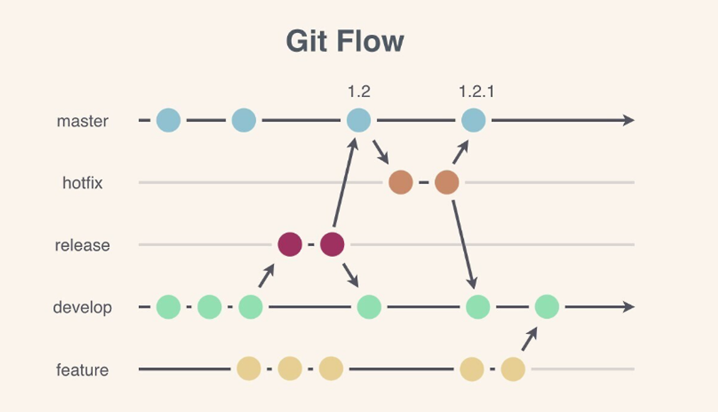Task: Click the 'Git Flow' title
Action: (x=345, y=41)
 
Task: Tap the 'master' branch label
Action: (x=82, y=121)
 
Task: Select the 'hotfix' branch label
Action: (x=82, y=183)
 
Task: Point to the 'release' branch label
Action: (x=82, y=245)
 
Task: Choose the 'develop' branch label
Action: (x=82, y=307)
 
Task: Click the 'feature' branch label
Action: (x=82, y=370)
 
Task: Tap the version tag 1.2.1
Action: (x=476, y=91)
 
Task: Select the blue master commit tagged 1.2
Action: (x=358, y=121)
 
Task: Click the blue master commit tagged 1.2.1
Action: (x=473, y=121)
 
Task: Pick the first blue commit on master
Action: (x=168, y=121)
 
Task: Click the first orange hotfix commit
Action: (x=401, y=183)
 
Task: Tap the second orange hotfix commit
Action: (x=447, y=183)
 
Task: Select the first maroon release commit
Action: (x=290, y=244)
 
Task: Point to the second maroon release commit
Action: (x=332, y=244)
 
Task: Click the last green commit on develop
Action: (x=547, y=307)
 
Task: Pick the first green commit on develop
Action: (x=168, y=307)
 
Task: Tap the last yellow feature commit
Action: (x=513, y=369)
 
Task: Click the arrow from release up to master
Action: (x=344, y=182)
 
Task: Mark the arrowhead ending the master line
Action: (x=629, y=121)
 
